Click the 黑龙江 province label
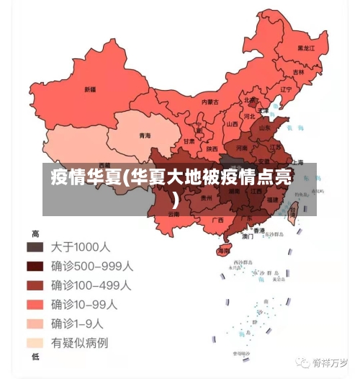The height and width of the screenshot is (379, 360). pyautogui.click(x=307, y=48)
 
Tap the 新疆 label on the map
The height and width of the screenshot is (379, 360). pyautogui.click(x=90, y=89)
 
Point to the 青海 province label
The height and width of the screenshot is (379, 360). pyautogui.click(x=145, y=135)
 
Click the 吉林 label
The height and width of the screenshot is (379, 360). pyautogui.click(x=299, y=72)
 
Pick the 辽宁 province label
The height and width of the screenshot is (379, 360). pyautogui.click(x=286, y=90)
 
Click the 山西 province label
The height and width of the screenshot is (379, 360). pyautogui.click(x=233, y=124)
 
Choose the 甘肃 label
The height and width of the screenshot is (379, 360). pyautogui.click(x=189, y=142)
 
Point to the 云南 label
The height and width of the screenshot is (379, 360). pyautogui.click(x=173, y=214)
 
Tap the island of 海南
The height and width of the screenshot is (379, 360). pyautogui.click(x=224, y=251)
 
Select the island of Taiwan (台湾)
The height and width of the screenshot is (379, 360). pyautogui.click(x=293, y=212)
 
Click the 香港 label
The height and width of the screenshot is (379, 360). pyautogui.click(x=258, y=229)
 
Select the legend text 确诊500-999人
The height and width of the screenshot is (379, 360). pyautogui.click(x=91, y=266)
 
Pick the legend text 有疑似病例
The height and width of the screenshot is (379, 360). pyautogui.click(x=79, y=343)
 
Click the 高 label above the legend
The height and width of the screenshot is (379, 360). pyautogui.click(x=35, y=233)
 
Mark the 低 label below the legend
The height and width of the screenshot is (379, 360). pyautogui.click(x=35, y=357)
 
